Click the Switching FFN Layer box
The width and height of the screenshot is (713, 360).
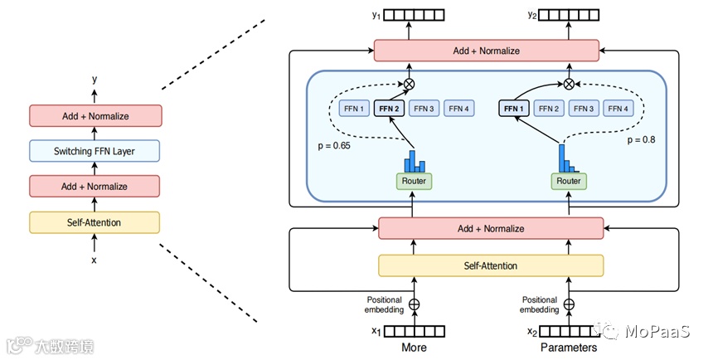(x=94, y=151)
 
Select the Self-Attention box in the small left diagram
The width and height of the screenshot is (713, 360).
(x=94, y=222)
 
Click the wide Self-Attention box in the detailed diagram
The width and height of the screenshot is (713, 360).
(x=491, y=265)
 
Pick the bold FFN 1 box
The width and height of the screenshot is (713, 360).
(x=514, y=108)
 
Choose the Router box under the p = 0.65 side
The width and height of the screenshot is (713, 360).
(x=415, y=181)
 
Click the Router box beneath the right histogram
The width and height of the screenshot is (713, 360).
(x=569, y=181)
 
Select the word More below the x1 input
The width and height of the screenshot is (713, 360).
(x=415, y=348)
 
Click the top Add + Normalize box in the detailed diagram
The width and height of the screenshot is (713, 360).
(x=486, y=51)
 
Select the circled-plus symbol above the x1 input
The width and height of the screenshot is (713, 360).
(x=415, y=304)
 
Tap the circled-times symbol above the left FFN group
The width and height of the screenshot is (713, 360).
(x=410, y=84)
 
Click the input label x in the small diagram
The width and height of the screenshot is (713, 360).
(x=94, y=260)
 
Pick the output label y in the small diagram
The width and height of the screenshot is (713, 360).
(x=95, y=80)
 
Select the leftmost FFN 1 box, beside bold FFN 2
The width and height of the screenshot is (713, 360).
(x=352, y=108)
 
